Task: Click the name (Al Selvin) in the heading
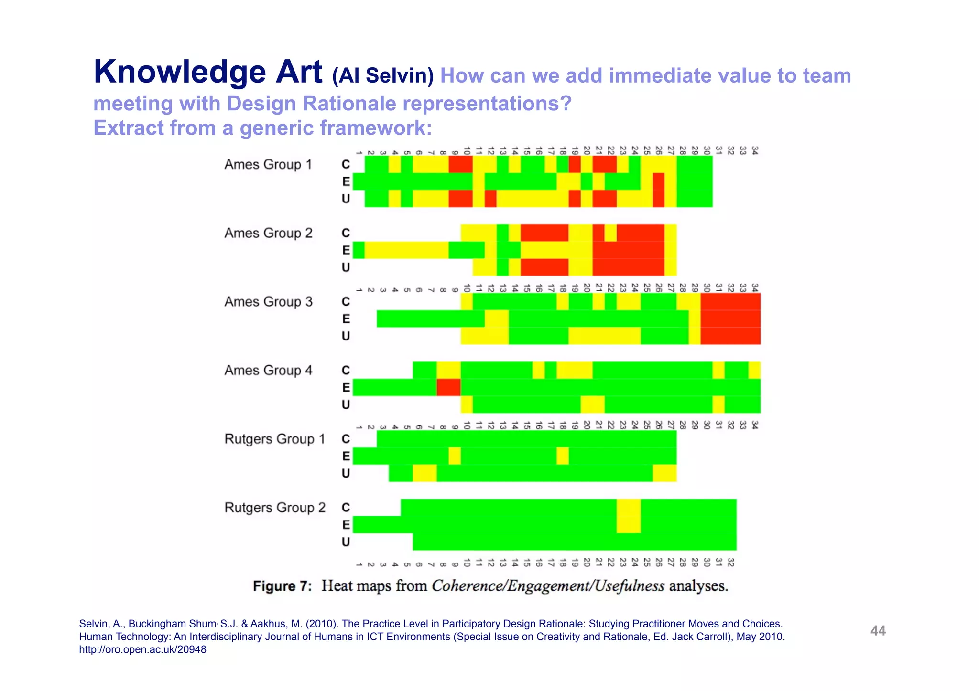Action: [383, 76]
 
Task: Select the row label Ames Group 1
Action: [268, 165]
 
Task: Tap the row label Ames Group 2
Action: [268, 234]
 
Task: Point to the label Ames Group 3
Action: [268, 302]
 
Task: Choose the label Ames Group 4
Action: [268, 371]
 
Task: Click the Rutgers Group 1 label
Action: [274, 439]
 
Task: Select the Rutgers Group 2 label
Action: [275, 508]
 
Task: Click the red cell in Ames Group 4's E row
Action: [448, 387]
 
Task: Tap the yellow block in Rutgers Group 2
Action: [628, 516]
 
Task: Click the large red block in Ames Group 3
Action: [730, 319]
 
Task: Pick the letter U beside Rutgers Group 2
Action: [346, 542]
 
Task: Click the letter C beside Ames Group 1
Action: [346, 165]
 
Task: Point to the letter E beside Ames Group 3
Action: [346, 319]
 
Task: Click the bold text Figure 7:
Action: [282, 586]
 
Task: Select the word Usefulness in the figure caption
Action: [630, 586]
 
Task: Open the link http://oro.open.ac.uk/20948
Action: [142, 649]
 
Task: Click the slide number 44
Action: [878, 631]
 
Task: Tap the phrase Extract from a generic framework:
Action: [262, 128]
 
